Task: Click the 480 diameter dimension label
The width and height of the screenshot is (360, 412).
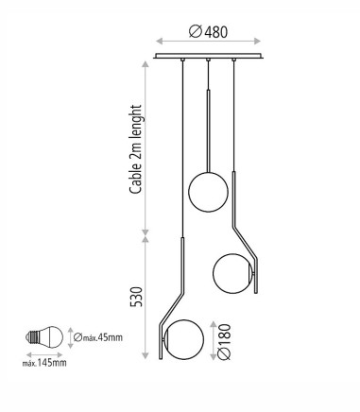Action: (x=208, y=32)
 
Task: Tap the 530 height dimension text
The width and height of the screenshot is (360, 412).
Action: (x=136, y=297)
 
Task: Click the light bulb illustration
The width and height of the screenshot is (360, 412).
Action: (x=44, y=337)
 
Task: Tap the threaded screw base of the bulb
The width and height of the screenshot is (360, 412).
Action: (x=31, y=337)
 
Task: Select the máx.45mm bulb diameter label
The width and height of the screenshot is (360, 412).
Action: (x=98, y=337)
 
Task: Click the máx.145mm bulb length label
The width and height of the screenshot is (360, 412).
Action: (x=44, y=363)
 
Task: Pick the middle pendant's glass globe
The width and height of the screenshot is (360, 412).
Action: (x=208, y=192)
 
